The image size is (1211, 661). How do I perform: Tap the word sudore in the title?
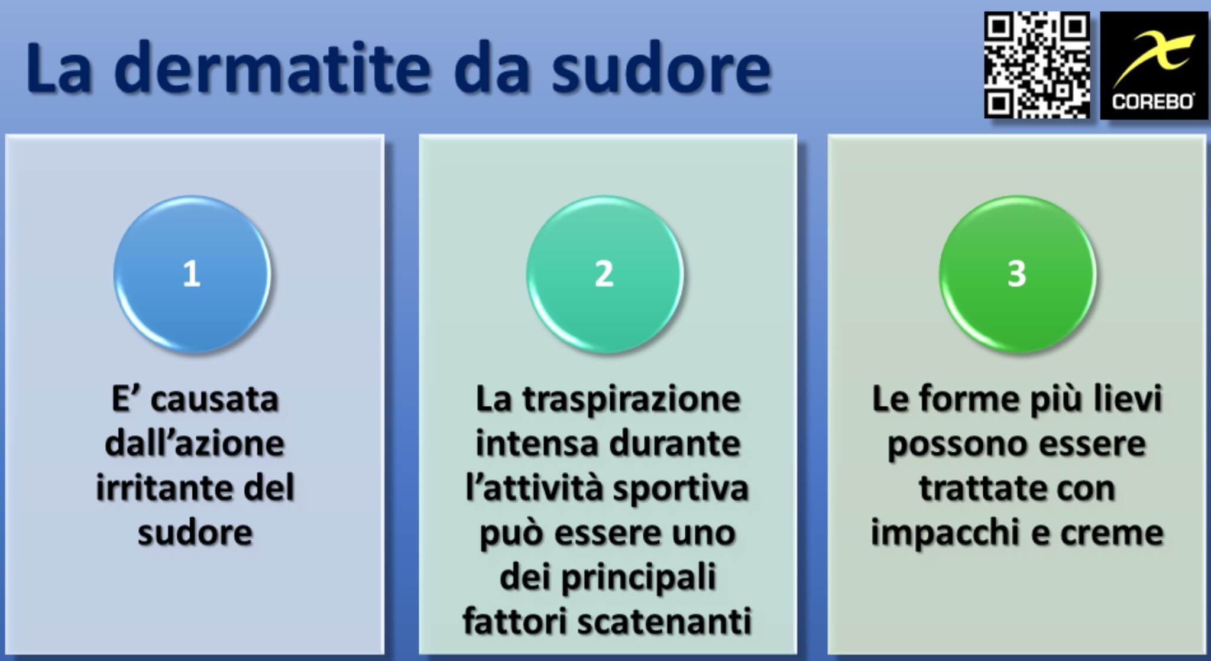click(661, 68)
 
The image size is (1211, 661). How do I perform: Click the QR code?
click(1037, 65)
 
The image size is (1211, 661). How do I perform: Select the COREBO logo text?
click(1152, 102)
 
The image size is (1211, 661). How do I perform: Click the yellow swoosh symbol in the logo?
click(1153, 56)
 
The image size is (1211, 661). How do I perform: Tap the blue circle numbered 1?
click(192, 274)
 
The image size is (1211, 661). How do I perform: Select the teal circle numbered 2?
click(604, 274)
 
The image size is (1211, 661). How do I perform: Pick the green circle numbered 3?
click(1017, 274)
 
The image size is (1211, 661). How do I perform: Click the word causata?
click(214, 400)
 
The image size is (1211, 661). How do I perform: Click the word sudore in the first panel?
click(195, 533)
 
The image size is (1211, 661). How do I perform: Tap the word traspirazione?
click(631, 400)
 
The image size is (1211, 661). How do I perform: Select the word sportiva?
click(680, 490)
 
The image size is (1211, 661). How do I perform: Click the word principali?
click(639, 578)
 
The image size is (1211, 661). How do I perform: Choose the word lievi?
click(1128, 400)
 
